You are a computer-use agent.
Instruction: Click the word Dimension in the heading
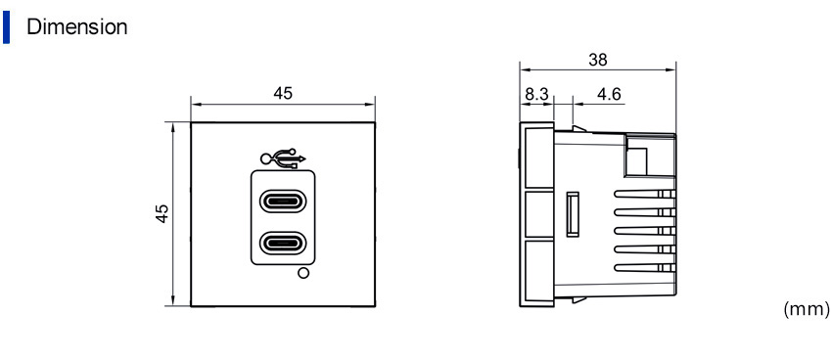point(77,26)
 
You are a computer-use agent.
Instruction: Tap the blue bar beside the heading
point(6,27)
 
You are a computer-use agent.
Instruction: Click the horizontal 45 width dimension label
point(283,93)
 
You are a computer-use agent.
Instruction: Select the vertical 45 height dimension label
point(162,213)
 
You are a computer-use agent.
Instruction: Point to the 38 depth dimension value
point(598,60)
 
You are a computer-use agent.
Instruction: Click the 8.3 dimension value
point(536,94)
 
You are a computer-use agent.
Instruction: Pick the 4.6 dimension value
point(609,94)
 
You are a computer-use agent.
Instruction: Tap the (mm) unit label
point(806,309)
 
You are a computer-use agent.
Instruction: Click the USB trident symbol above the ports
point(283,158)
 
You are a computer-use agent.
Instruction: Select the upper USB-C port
point(283,201)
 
